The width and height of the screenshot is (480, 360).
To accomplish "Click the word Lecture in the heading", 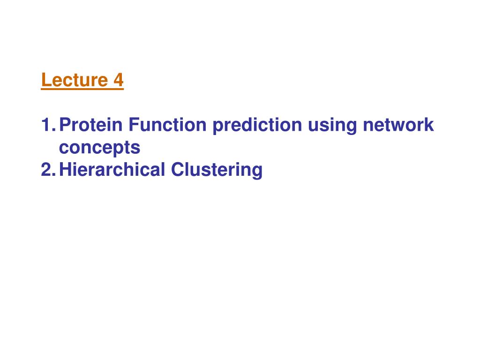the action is coord(75,80).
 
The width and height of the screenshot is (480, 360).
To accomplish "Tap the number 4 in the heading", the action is coord(119,80).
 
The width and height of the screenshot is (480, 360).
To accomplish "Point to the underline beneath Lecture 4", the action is coord(82,89).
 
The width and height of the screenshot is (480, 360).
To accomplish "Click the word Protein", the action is coord(90,125).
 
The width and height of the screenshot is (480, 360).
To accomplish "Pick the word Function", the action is coord(167,125).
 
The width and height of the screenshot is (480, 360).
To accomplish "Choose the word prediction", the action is coord(257,126).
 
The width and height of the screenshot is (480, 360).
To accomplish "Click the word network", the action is coord(398,125).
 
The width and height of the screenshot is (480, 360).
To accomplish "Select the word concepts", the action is coord(99,148).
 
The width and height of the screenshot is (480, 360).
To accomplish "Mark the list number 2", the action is coord(48,170).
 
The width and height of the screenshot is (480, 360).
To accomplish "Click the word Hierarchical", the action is coord(112,170).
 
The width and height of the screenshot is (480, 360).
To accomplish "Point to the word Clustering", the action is coord(217,171).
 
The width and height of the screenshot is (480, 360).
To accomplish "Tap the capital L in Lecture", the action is coord(46,80).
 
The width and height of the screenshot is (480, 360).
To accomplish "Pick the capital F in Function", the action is coord(134,125).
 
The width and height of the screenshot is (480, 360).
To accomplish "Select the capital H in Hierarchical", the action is coord(65,170).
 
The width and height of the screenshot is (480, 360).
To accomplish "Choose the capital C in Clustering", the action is coord(178,170).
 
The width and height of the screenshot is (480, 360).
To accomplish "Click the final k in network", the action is coord(429,125).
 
